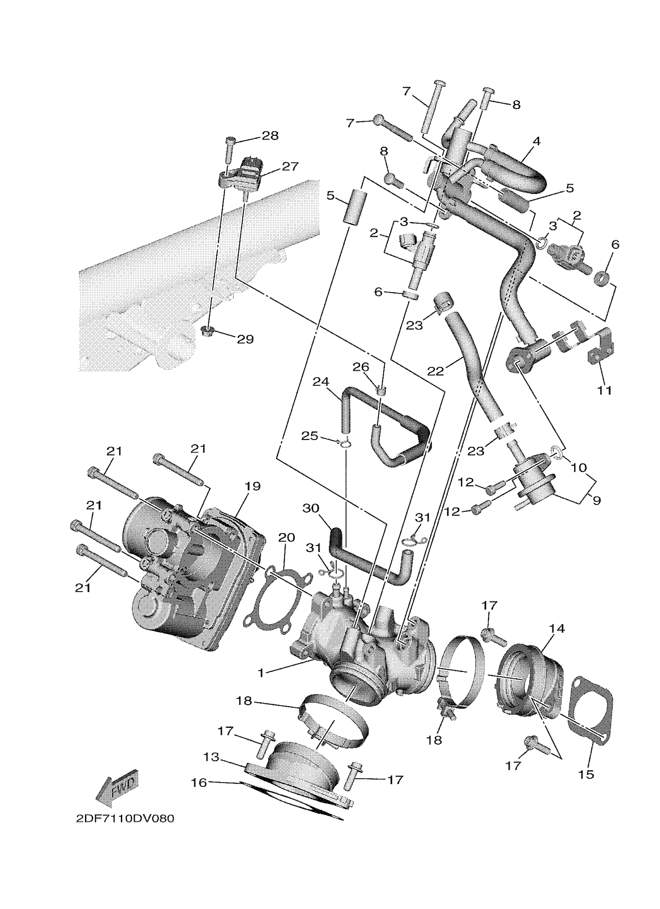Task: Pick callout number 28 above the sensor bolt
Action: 270,135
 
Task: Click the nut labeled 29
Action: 207,331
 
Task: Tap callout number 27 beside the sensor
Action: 290,166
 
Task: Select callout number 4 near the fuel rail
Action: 537,141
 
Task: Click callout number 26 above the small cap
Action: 360,367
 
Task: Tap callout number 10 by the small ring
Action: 578,467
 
